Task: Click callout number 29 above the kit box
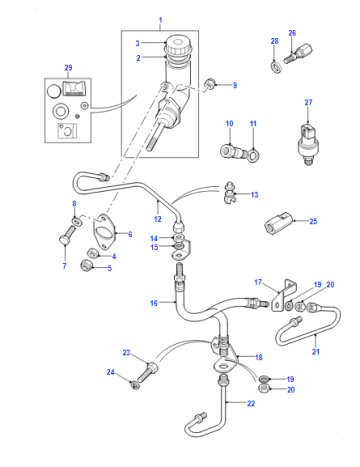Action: pos(68,68)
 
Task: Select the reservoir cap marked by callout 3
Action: pos(179,45)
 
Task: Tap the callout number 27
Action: pos(308,102)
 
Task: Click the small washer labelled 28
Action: pos(276,66)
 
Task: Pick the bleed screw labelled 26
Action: pos(298,53)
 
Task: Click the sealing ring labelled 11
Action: pos(254,154)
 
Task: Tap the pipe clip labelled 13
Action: pos(229,193)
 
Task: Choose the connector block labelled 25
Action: pos(279,222)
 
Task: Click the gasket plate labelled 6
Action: pos(104,232)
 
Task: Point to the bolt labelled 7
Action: pos(68,235)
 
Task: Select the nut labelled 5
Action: pos(86,266)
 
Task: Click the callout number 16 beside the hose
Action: pos(154,303)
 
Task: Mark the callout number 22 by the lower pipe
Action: pos(251,403)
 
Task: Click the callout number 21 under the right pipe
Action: pos(316,351)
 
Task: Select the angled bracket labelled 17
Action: pos(284,296)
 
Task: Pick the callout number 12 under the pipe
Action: pos(158,219)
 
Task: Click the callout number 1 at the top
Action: pos(160,20)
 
